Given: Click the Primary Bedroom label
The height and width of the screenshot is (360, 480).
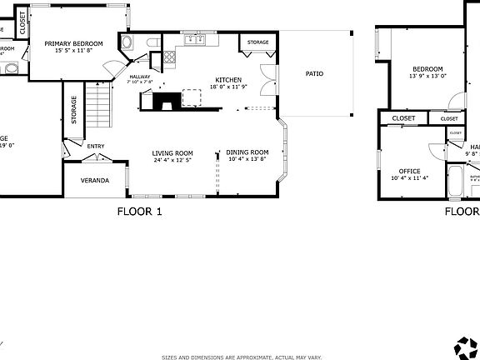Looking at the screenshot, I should pyautogui.click(x=73, y=43).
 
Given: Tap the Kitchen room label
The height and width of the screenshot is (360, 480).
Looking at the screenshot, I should pyautogui.click(x=227, y=80).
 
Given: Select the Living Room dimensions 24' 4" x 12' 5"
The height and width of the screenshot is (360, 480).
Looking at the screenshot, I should pyautogui.click(x=172, y=160).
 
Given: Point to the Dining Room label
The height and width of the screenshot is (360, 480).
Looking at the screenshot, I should pyautogui.click(x=247, y=152).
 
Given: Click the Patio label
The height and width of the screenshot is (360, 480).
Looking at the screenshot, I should pyautogui.click(x=314, y=74).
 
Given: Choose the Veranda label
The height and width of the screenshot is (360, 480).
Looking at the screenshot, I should pyautogui.click(x=94, y=181).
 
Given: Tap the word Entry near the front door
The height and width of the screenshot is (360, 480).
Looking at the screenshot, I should pyautogui.click(x=96, y=147).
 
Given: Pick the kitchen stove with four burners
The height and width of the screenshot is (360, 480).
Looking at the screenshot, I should pyautogui.click(x=169, y=57).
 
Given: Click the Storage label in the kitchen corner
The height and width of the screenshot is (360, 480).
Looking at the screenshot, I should pyautogui.click(x=257, y=42).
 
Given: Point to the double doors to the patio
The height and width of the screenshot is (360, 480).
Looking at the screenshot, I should pyautogui.click(x=266, y=78).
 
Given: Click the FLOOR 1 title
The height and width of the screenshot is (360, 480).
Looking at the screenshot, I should pyautogui.click(x=139, y=212).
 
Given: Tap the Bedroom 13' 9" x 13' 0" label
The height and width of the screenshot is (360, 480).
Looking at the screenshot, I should pyautogui.click(x=427, y=72).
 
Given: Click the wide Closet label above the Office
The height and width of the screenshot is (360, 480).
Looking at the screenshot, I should pyautogui.click(x=403, y=118).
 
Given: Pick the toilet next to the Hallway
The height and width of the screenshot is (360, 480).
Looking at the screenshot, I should pyautogui.click(x=152, y=42).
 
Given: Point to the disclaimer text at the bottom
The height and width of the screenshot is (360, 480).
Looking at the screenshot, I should pyautogui.click(x=242, y=356).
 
